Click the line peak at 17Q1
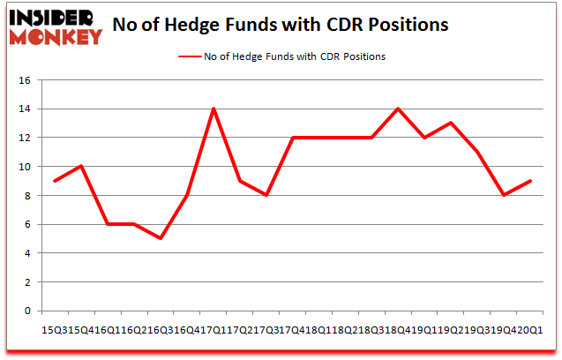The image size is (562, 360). [x=214, y=109]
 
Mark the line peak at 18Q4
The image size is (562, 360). [x=399, y=109]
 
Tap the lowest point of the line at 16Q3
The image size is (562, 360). [x=161, y=238]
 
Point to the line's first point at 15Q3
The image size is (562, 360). [x=56, y=181]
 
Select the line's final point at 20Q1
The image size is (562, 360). [x=530, y=181]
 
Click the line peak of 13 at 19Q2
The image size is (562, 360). [x=452, y=124]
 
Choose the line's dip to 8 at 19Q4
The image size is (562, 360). [x=504, y=195]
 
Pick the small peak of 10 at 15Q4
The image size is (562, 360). [x=82, y=166]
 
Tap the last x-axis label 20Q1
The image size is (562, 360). [x=533, y=329]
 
